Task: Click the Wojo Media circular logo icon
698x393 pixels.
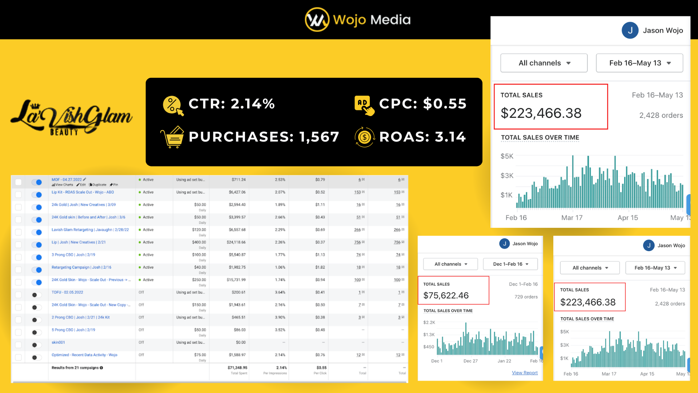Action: [x=317, y=20]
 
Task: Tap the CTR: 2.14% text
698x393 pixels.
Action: [x=232, y=104]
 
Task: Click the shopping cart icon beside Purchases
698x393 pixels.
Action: [x=172, y=137]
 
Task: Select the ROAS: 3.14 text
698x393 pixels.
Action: [x=422, y=137]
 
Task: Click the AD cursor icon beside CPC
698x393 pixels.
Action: [x=364, y=105]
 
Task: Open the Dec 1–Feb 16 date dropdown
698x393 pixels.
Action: [x=510, y=264]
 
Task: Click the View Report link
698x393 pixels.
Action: [x=525, y=373]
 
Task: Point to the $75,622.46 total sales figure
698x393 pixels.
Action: [x=446, y=295]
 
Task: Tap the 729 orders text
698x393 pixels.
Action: [x=526, y=297]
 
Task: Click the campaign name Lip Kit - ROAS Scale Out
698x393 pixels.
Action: [x=83, y=192]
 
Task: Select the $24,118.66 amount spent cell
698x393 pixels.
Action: [x=236, y=242]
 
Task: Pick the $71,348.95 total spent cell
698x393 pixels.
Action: [x=237, y=368]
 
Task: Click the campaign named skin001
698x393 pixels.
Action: [x=58, y=342]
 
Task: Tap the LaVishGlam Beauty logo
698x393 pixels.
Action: [x=71, y=118]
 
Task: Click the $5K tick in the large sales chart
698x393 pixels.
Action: [x=507, y=156]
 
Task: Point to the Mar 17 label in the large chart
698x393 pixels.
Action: [x=571, y=218]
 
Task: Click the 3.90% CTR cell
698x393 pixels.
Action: [x=280, y=317]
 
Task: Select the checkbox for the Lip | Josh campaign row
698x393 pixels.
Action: [x=18, y=245]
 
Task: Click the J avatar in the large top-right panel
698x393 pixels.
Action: [x=630, y=31]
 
